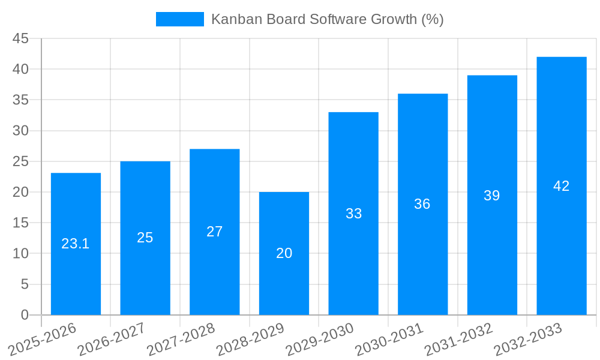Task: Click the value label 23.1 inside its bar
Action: pyautogui.click(x=76, y=244)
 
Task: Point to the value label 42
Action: pyautogui.click(x=561, y=186)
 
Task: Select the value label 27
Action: pyautogui.click(x=215, y=232)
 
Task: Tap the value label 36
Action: pyautogui.click(x=422, y=204)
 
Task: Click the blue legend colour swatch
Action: pyautogui.click(x=179, y=19)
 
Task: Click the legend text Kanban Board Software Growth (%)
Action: pyautogui.click(x=327, y=19)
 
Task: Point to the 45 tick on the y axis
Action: pyautogui.click(x=20, y=38)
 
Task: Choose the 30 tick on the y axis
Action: pyautogui.click(x=20, y=131)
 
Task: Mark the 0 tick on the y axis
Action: pyautogui.click(x=25, y=315)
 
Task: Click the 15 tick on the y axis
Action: pyautogui.click(x=20, y=223)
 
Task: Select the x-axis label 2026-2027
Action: pyautogui.click(x=112, y=340)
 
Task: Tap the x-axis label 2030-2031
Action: pyautogui.click(x=389, y=340)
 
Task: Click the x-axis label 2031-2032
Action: pyautogui.click(x=459, y=340)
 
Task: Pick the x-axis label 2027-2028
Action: pyautogui.click(x=181, y=340)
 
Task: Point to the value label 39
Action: pyautogui.click(x=491, y=196)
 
